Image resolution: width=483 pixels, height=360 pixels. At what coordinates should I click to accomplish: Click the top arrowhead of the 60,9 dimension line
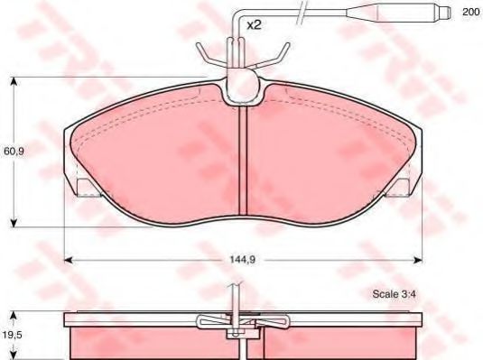(x=14, y=82)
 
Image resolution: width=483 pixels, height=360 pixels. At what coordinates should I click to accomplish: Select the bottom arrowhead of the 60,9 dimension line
(x=14, y=221)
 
